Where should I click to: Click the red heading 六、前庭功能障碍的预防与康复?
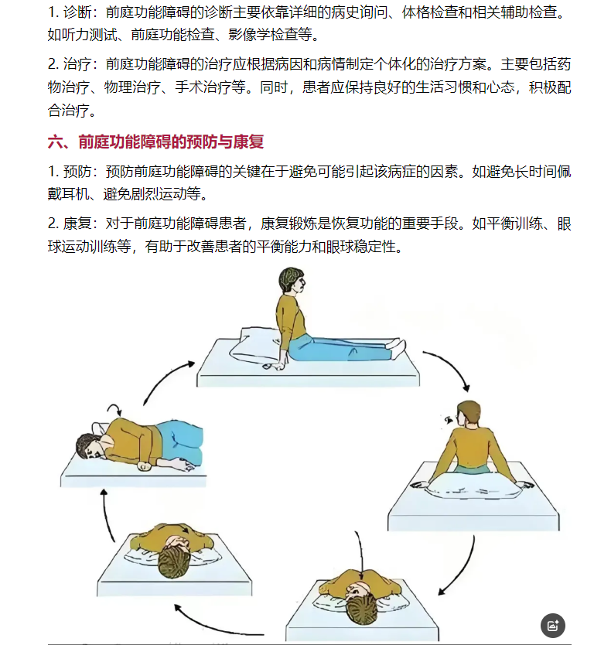click(x=155, y=142)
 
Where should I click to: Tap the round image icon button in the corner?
click(x=552, y=626)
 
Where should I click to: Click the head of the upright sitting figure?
click(x=292, y=281)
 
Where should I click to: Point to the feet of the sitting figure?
click(x=396, y=348)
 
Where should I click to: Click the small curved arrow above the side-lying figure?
click(x=114, y=410)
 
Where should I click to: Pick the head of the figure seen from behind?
click(x=468, y=415)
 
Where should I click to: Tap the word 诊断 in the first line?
click(x=77, y=12)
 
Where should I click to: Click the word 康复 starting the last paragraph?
click(x=77, y=224)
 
